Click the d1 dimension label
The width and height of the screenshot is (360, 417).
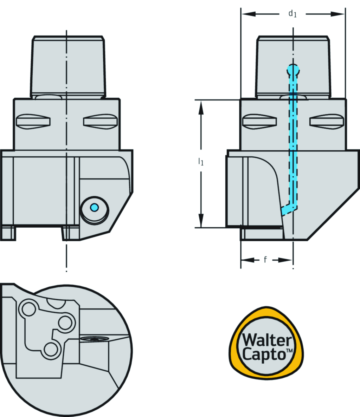point(292,14)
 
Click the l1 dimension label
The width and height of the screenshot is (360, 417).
point(201,162)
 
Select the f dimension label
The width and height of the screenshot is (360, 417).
point(265,260)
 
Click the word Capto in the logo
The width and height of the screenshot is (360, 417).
point(265,353)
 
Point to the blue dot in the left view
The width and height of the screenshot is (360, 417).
point(94,208)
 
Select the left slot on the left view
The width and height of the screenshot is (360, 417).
point(33,121)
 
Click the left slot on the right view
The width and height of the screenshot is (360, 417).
point(259,121)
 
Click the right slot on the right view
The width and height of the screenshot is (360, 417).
point(326,121)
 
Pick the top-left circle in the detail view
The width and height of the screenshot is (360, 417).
point(29,309)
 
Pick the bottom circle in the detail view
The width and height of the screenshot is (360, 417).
point(51,349)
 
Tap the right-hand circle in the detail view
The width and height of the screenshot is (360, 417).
point(65,322)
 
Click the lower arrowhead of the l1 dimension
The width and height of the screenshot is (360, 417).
point(201,221)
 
